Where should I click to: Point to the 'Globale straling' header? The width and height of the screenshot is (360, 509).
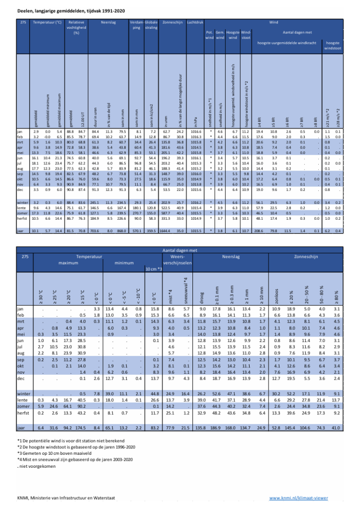coord(151,25)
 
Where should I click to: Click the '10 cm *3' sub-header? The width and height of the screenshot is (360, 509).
coord(153,269)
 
